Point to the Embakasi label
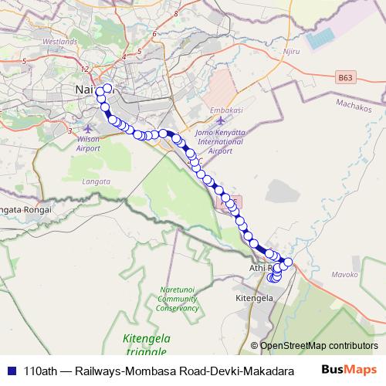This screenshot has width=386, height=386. point(226,111)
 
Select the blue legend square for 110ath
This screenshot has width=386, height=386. point(12,371)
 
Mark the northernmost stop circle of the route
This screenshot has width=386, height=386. point(107,87)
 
